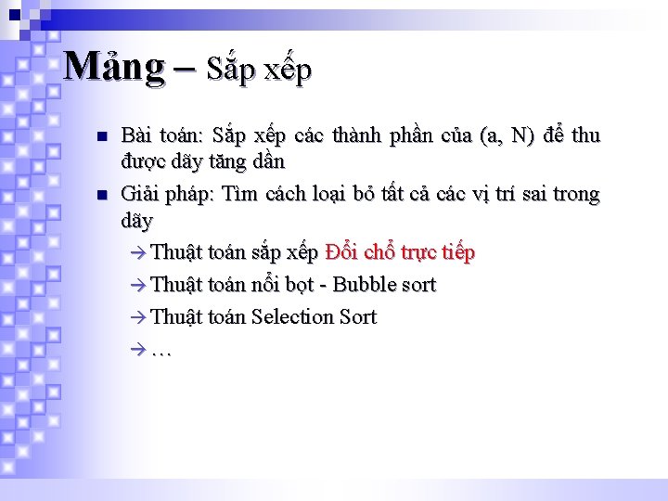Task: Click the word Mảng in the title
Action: tap(113, 67)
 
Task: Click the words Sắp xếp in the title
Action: tap(259, 69)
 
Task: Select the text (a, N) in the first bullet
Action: tap(507, 136)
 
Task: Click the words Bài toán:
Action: tap(159, 136)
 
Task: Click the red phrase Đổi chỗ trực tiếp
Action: tap(400, 252)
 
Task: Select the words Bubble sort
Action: tap(384, 284)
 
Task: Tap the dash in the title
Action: tap(185, 68)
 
